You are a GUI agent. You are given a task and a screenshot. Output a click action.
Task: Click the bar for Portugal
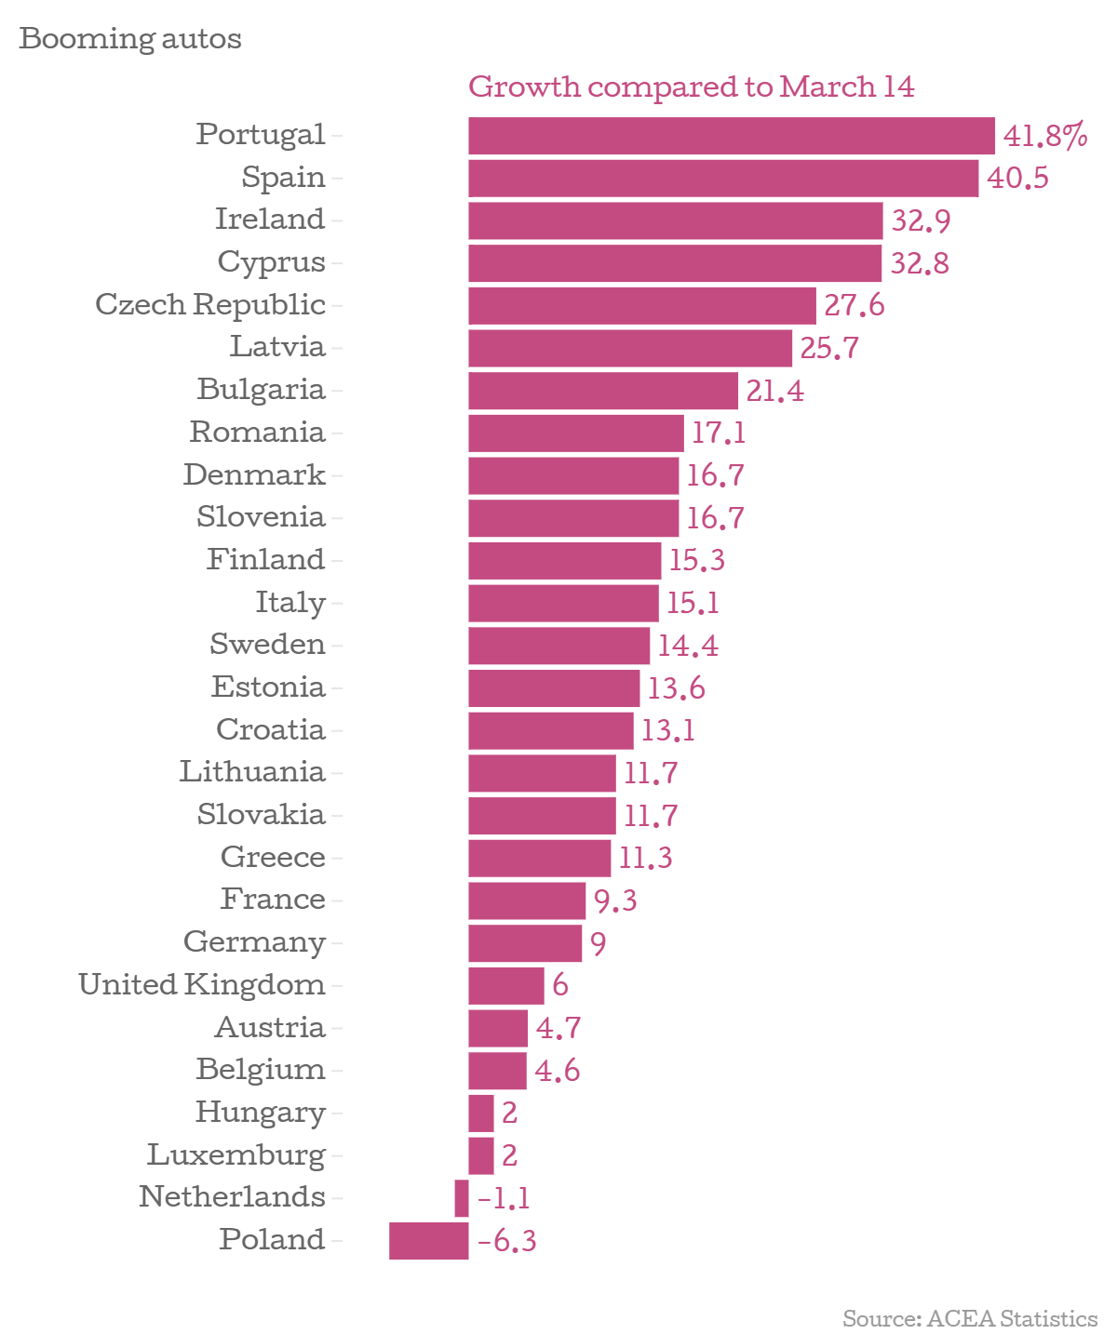[731, 136]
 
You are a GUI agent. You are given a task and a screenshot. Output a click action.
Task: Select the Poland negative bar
[428, 1241]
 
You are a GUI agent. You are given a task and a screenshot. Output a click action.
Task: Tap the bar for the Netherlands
[462, 1198]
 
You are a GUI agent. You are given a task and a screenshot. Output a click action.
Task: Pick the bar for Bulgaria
[602, 391]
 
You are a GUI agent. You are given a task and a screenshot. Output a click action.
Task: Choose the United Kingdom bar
[505, 986]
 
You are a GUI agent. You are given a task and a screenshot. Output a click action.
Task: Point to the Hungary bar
[480, 1114]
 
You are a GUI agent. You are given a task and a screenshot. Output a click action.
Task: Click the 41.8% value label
[1045, 137]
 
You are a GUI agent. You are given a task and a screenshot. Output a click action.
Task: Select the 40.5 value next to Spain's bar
[1017, 178]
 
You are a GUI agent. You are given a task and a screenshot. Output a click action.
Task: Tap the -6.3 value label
[507, 1242]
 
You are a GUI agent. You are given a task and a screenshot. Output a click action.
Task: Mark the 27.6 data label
[854, 305]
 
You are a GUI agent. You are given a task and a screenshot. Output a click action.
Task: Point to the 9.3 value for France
[615, 900]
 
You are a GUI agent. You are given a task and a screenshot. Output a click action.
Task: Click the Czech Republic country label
[210, 304]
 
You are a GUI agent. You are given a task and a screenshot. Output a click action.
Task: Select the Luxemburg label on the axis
[236, 1154]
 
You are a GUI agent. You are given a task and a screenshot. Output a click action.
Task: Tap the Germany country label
[254, 942]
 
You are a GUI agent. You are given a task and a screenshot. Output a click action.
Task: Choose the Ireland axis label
[270, 220]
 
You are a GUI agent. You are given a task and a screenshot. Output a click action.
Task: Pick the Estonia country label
[268, 687]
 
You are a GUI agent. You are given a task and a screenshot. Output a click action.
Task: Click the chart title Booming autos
[130, 39]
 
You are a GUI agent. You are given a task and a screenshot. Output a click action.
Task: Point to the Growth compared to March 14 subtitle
[691, 87]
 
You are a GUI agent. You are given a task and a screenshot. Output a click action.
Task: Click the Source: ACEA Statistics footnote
[969, 1318]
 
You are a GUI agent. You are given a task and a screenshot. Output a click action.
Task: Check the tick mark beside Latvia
[337, 349]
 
